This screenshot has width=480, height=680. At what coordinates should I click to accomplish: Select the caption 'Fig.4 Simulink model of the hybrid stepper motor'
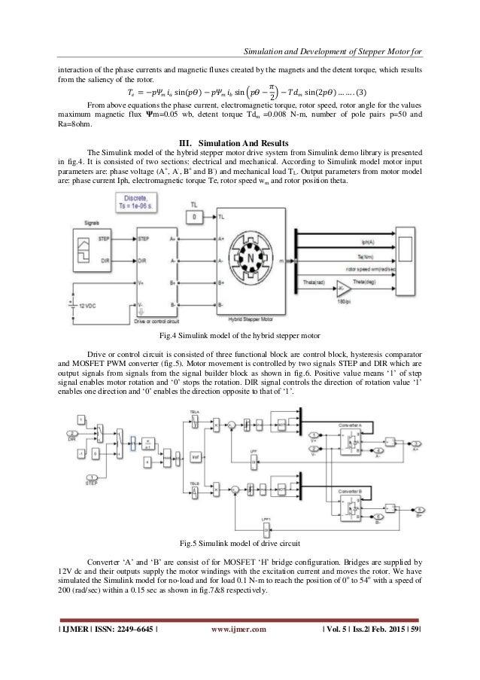click(x=239, y=334)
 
